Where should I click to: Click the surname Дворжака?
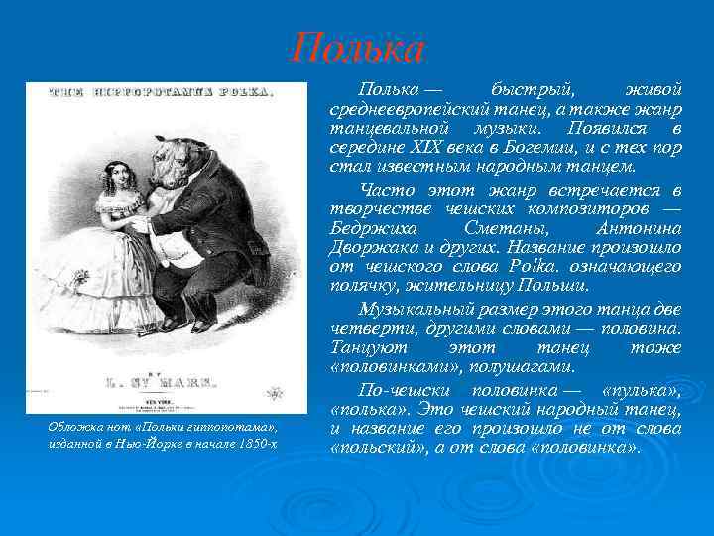[371, 249]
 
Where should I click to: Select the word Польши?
[557, 287]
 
